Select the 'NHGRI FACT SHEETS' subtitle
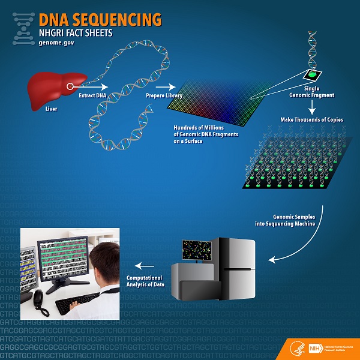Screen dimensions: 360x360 [x=75, y=33]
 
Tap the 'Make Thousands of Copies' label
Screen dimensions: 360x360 [x=312, y=120]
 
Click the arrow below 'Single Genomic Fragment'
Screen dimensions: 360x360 [x=312, y=107]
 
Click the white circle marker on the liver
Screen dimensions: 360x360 [x=70, y=86]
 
